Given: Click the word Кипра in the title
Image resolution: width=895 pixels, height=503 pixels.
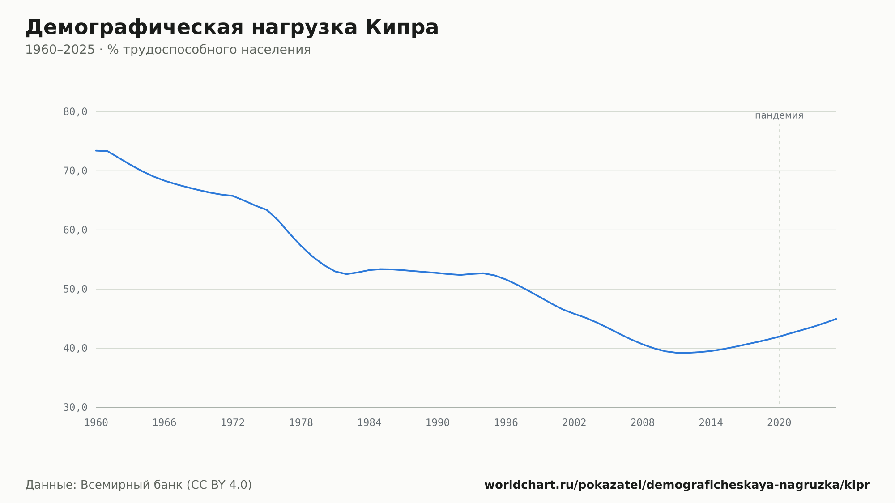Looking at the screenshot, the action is click(x=402, y=27).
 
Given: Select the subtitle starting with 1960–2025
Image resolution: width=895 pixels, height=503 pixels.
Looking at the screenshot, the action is click(x=168, y=50).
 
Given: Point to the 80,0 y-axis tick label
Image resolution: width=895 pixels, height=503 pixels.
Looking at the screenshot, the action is click(x=75, y=112).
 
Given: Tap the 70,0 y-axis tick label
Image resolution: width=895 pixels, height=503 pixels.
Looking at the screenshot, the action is click(x=75, y=171).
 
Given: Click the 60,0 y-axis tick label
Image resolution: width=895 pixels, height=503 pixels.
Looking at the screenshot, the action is click(x=75, y=230).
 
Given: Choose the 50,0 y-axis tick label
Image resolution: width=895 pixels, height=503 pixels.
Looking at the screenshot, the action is click(x=75, y=289).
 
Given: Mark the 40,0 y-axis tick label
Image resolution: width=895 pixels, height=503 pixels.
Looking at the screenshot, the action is click(x=75, y=348).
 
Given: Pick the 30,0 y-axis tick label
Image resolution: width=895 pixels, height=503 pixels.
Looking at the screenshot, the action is click(x=75, y=407).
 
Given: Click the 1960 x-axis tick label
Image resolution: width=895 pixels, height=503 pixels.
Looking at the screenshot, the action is click(x=96, y=423).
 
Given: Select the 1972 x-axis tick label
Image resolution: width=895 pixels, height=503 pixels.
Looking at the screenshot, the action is click(x=233, y=423).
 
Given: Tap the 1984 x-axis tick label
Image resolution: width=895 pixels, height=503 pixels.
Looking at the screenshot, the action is click(x=369, y=423).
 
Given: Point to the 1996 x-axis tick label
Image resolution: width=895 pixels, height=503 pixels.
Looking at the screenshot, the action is click(x=506, y=423).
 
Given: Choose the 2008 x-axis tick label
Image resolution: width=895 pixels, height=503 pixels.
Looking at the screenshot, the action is click(x=643, y=423).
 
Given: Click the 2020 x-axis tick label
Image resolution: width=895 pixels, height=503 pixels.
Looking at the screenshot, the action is click(x=779, y=423).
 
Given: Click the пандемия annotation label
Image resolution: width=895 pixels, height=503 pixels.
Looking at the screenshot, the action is click(x=779, y=115).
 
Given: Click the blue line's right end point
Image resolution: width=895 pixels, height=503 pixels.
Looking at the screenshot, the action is click(x=836, y=319).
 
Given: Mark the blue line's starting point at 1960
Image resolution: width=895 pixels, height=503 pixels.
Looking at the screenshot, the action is click(x=96, y=151).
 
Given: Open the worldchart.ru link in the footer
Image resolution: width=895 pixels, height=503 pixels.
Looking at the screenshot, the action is click(x=677, y=485).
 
